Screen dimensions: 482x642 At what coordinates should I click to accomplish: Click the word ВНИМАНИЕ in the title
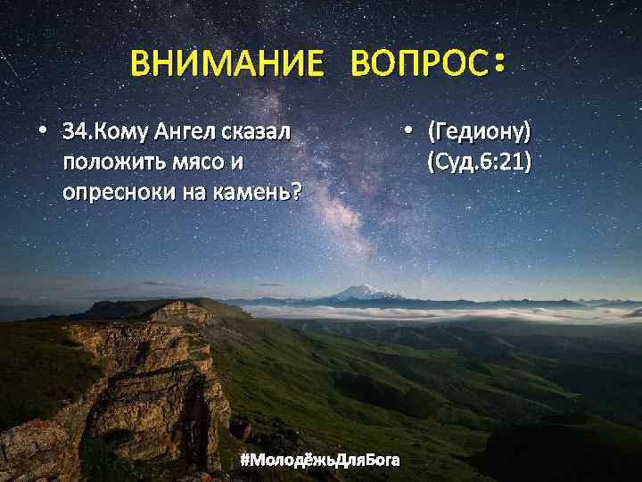click(x=226, y=64)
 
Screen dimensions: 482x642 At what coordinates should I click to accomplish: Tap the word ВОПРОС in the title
click(x=418, y=64)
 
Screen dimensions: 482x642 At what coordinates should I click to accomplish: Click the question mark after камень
click(x=296, y=192)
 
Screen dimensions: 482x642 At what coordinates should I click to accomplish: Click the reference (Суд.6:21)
click(x=479, y=162)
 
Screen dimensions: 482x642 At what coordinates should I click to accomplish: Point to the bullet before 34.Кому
click(x=42, y=133)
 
